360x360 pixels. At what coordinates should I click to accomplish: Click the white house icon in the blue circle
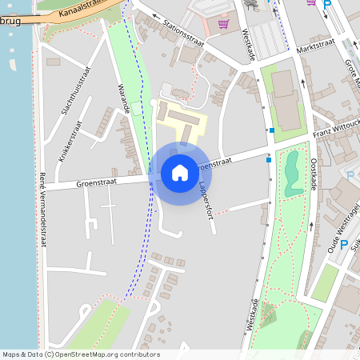(x=180, y=172)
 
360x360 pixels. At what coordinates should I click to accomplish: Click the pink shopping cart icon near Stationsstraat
(x=222, y=24)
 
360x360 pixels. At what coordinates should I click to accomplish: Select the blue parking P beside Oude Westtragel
(x=343, y=245)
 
